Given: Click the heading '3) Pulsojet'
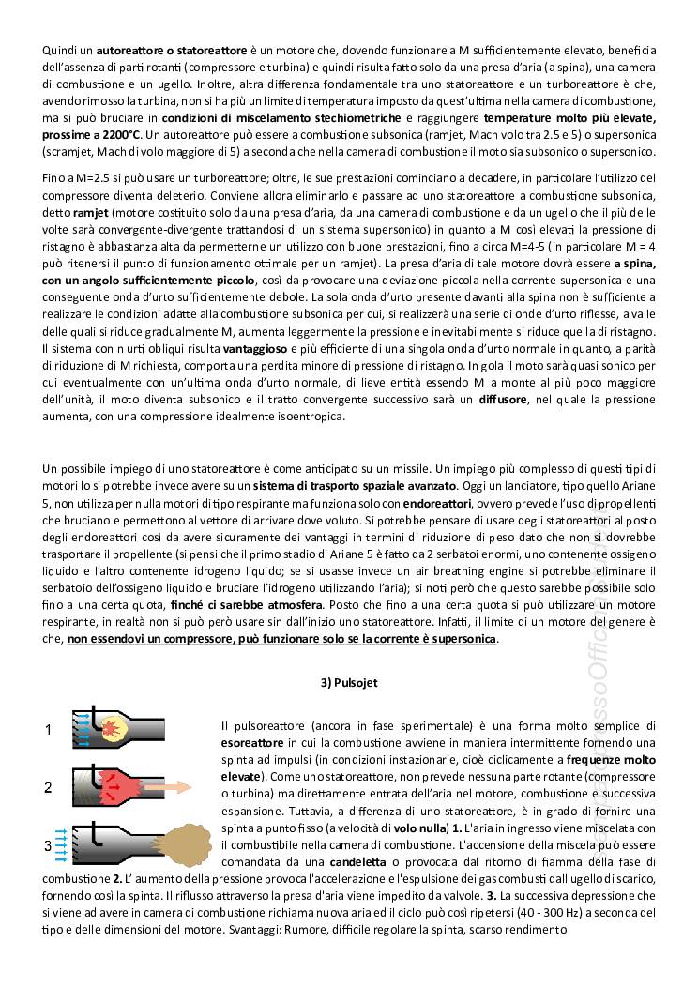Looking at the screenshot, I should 348,683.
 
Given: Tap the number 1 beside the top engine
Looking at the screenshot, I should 48,729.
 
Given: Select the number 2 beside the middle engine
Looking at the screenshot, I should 48,788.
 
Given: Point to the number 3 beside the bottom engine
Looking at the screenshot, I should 48,846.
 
